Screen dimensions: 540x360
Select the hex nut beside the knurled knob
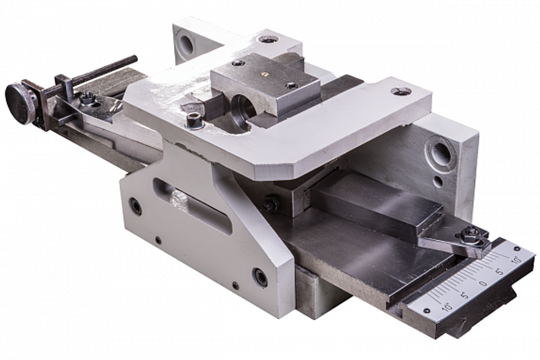coord(86,100)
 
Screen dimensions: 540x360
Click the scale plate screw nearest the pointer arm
coord(516,248)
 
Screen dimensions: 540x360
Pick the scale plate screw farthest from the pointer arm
coord(427,310)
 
